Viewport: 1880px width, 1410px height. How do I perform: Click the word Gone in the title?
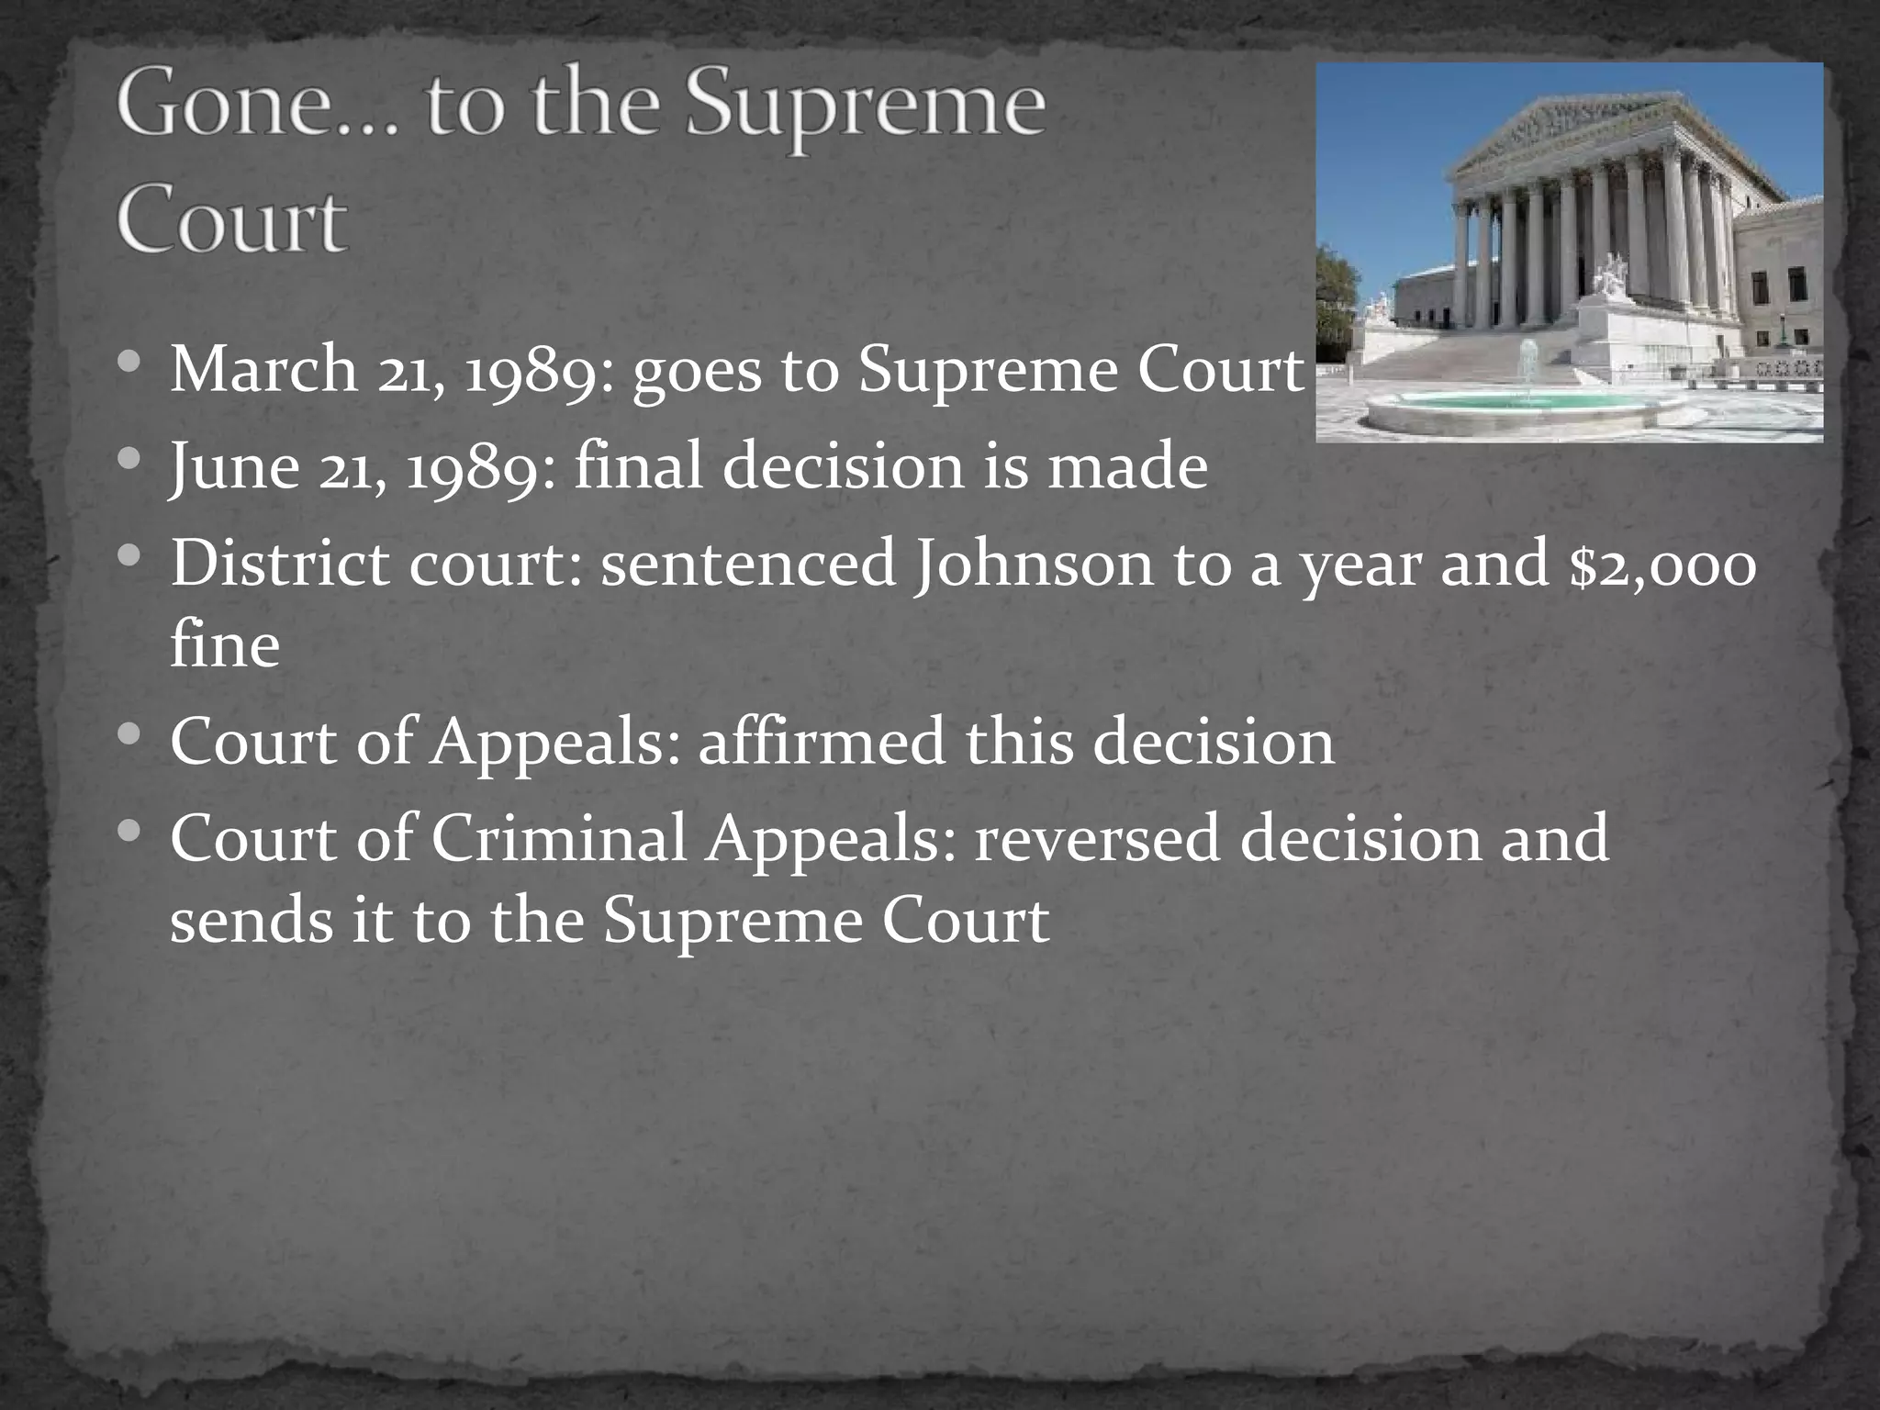pos(245,108)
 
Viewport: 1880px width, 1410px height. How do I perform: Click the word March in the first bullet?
pos(264,370)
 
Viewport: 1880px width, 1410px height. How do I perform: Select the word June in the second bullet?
pos(234,466)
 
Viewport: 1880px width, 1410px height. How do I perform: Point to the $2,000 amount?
pos(1662,564)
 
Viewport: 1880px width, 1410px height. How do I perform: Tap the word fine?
pos(225,644)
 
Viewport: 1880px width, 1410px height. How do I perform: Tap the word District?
pos(279,564)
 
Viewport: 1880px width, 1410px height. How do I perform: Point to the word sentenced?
pos(748,564)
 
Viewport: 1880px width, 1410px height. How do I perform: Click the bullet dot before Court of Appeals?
pos(130,735)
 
